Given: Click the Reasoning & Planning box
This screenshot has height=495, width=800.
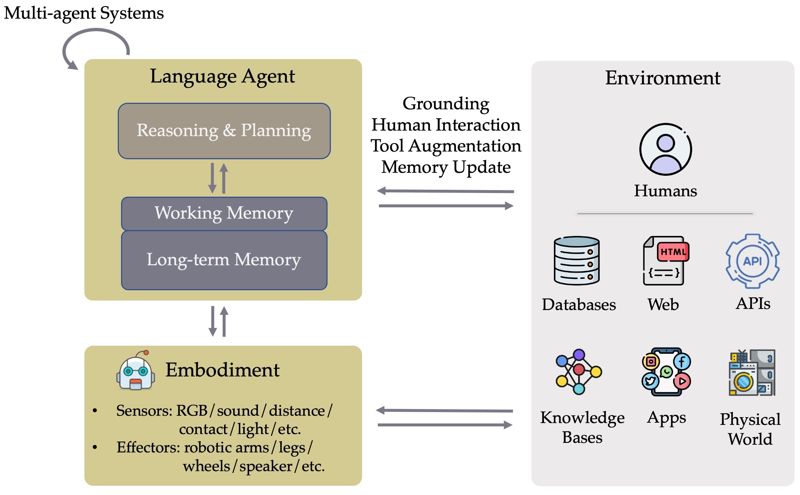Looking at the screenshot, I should [x=224, y=131].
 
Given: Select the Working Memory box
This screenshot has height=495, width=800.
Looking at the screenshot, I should [x=224, y=214].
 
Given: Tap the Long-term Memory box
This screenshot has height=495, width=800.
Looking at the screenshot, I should [x=224, y=260].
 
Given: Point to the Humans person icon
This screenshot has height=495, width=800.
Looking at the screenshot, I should [x=665, y=149].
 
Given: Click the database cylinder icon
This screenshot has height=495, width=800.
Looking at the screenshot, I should [x=577, y=261].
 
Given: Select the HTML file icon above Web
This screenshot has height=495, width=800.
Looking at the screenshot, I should [x=665, y=261].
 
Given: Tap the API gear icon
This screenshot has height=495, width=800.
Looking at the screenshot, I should [x=752, y=261].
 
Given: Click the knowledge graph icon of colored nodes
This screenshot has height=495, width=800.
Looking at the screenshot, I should [x=578, y=372].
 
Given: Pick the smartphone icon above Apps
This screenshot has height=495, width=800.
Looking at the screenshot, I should [x=666, y=372].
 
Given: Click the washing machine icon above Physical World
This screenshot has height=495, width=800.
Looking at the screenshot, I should [x=752, y=373].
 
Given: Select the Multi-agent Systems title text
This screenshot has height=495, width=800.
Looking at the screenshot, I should [x=84, y=13].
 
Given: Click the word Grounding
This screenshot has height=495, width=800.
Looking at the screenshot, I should [x=446, y=104].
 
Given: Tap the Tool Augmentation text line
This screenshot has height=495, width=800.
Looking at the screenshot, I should [x=446, y=146].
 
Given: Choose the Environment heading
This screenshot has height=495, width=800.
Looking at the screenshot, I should [x=662, y=78].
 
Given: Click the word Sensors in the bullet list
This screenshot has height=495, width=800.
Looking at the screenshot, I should [x=144, y=411].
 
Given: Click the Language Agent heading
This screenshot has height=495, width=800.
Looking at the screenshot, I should [x=222, y=77].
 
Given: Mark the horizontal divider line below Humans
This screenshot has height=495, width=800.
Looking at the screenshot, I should [x=665, y=214].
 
